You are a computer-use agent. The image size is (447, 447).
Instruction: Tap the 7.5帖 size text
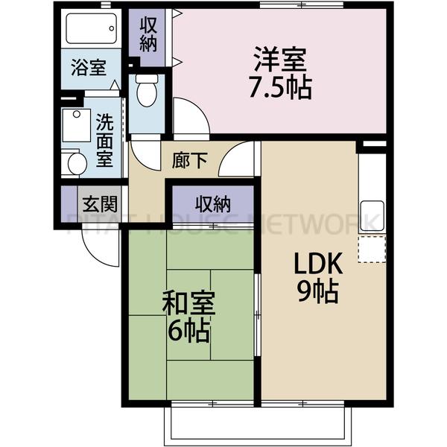click(281, 87)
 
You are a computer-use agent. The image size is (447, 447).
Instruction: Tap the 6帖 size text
click(188, 330)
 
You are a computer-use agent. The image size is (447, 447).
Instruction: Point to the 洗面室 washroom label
click(104, 139)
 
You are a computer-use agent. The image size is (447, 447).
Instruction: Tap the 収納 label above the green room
click(212, 203)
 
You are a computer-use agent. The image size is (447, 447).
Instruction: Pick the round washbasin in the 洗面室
click(73, 163)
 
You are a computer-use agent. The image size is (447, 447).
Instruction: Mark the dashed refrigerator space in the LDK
click(372, 249)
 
